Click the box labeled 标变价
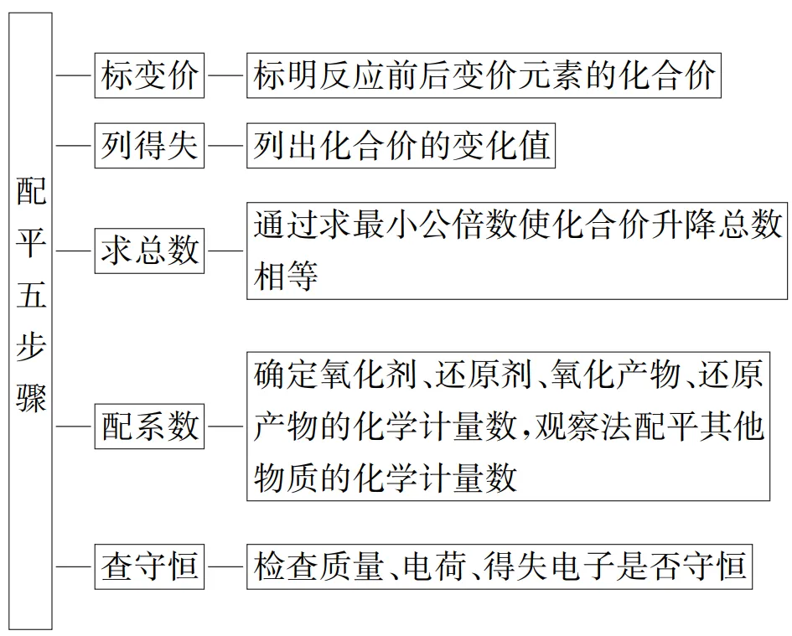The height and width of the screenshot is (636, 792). [x=149, y=76]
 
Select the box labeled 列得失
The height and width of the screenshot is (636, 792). [x=149, y=146]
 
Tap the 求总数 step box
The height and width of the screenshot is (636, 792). [x=149, y=250]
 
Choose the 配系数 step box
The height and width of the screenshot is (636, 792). [x=149, y=427]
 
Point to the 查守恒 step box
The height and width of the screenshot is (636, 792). [x=149, y=566]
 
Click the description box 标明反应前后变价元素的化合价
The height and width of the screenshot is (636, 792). [x=484, y=76]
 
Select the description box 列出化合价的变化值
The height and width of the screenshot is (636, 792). [x=401, y=146]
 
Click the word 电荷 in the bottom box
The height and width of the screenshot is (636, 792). [x=434, y=566]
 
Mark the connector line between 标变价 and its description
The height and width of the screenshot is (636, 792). [x=225, y=76]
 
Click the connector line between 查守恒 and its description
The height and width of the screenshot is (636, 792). [x=225, y=566]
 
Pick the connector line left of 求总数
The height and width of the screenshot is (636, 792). [x=74, y=250]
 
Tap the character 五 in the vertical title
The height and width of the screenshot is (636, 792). [x=31, y=295]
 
